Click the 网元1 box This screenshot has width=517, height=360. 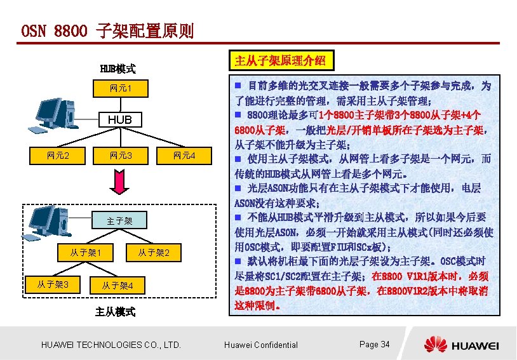pos(119,87)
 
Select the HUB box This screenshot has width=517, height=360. pos(119,119)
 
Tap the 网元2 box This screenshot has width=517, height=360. pos(58,156)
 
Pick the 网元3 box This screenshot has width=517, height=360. pos(120,156)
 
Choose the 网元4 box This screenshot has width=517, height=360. pos(184,156)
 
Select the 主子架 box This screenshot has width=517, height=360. pos(119,221)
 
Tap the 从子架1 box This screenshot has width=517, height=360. pos(86,253)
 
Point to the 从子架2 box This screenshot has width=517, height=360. pos(154,253)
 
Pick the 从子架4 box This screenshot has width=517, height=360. pos(118,286)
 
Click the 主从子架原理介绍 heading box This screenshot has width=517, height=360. pos(280,61)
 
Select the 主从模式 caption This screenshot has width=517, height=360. pos(115,312)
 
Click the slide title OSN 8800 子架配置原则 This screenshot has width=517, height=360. pos(107,30)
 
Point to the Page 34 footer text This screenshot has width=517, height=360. pos(374,344)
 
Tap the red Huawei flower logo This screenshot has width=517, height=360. pos(436,344)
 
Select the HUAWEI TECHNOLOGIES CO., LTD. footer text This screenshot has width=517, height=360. pos(111,345)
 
